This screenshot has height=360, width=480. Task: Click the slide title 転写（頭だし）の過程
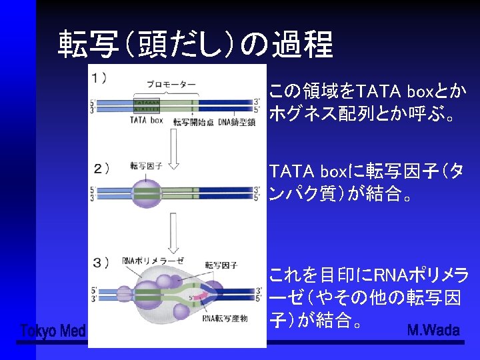point(195,45)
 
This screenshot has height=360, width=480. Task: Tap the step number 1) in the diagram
point(100,78)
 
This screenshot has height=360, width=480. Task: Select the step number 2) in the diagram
point(102,167)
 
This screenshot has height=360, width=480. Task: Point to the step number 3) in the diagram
point(101,262)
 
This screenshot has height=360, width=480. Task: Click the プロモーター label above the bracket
point(171,85)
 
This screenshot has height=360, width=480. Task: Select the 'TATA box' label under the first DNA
point(146,121)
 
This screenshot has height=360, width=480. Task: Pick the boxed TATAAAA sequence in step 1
point(147,102)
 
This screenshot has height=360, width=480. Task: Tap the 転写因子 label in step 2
point(143,165)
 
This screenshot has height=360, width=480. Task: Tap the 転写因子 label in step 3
point(221,265)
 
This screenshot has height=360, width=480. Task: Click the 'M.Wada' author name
point(433,330)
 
